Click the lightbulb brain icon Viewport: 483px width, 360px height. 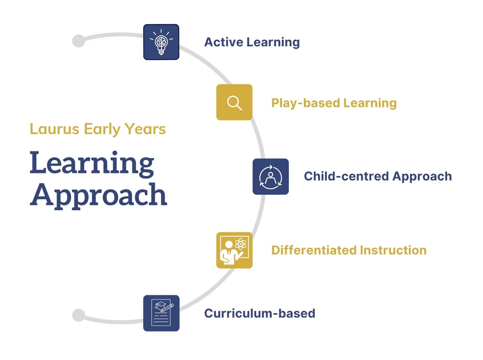pos(161,42)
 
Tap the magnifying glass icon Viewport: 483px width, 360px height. pos(234,102)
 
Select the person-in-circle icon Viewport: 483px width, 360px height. pos(270,176)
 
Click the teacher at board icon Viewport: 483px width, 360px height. pos(234,250)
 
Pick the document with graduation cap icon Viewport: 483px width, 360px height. pos(161,313)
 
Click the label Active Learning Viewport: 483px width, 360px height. pos(252,42)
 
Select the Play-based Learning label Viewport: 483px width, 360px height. pos(334,103)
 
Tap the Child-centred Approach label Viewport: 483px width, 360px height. pos(378,176)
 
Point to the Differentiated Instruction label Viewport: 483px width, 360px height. pos(349,250)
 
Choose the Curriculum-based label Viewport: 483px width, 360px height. pos(259,313)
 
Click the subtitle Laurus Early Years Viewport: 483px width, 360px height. pos(98,129)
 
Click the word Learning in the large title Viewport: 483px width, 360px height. pos(92,163)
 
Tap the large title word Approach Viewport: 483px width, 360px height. pos(98,195)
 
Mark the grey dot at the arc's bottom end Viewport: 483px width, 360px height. pos(78,316)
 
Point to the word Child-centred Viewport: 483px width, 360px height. pos(346,176)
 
